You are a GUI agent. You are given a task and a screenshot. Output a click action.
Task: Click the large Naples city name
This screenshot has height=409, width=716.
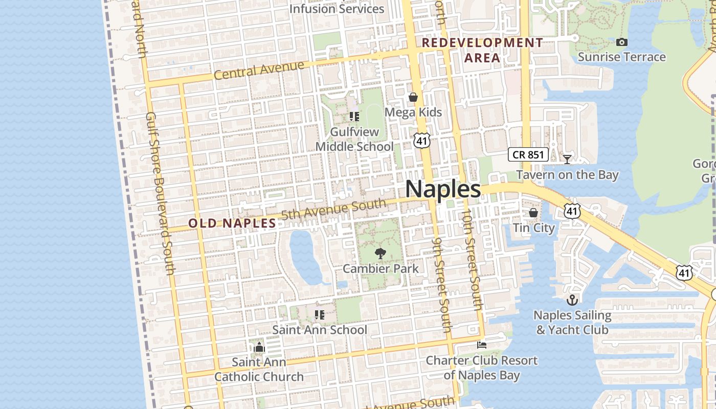443,189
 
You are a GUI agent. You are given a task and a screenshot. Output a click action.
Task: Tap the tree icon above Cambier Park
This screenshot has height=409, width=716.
380,253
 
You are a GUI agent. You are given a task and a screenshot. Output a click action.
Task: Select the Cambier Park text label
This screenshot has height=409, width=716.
381,268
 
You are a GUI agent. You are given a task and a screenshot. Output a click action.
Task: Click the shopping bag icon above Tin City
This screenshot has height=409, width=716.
533,212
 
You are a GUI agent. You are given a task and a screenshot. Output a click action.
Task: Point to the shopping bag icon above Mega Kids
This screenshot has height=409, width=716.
413,97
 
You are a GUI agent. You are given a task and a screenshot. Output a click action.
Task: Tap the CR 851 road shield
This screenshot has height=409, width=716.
528,154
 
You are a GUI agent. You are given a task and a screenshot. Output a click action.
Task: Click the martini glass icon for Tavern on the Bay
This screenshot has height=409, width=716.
567,159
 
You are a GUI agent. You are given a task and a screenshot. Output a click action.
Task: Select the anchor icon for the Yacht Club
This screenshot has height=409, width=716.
572,300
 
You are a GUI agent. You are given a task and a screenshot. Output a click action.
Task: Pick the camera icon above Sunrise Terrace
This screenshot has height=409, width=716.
621,42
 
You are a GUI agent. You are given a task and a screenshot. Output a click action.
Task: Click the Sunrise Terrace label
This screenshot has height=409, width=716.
621,57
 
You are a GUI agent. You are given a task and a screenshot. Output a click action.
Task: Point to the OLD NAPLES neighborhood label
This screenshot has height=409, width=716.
232,223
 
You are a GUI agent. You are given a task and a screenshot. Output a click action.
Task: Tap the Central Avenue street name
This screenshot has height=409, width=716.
259,71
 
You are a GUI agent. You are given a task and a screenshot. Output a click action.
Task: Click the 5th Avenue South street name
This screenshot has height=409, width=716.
333,210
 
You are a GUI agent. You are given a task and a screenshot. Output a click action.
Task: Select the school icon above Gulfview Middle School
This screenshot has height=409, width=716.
354,117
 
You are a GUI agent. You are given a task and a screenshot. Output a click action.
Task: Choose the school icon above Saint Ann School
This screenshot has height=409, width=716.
320,314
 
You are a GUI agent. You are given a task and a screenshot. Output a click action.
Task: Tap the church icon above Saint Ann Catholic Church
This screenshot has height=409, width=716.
259,348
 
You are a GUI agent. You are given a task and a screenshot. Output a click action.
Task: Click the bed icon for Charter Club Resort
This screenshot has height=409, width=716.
481,345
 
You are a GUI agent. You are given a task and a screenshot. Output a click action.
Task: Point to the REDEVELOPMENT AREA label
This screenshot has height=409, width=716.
482,50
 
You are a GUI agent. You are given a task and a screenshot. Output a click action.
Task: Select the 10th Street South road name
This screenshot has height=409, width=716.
472,260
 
